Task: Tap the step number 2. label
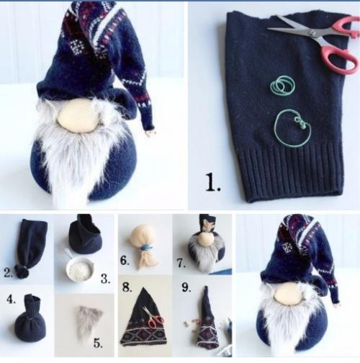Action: tap(9, 272)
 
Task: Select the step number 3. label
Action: tap(105, 279)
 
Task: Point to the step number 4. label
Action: tap(11, 299)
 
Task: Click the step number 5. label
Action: tap(98, 344)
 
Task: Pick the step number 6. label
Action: tap(125, 260)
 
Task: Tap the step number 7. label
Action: tap(181, 264)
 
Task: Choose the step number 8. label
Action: tap(127, 287)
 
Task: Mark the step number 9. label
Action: tap(186, 287)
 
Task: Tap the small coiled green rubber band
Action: tap(283, 84)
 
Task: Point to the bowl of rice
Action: tap(80, 269)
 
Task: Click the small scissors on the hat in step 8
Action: tap(153, 317)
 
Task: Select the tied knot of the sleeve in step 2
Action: tap(22, 272)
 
